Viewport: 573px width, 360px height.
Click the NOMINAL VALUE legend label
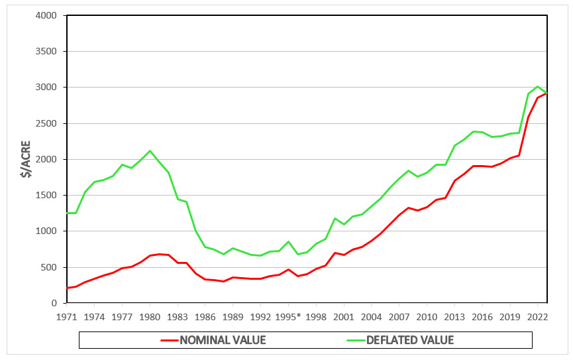click(x=223, y=340)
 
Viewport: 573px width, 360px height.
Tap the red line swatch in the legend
click(x=170, y=340)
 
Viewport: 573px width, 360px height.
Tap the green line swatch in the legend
click(x=358, y=340)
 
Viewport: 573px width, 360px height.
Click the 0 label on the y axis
click(x=56, y=303)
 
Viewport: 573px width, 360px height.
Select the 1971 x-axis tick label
click(x=66, y=316)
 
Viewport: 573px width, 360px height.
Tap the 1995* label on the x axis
click(x=289, y=316)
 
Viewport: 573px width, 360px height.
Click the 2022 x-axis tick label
click(x=537, y=316)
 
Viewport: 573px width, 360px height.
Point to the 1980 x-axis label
click(x=150, y=316)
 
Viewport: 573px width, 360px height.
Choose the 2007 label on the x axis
click(x=399, y=316)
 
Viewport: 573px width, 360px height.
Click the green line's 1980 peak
click(x=150, y=150)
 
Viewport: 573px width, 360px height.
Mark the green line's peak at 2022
click(x=537, y=86)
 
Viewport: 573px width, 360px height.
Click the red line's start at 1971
click(x=67, y=288)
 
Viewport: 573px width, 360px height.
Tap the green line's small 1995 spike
click(x=288, y=241)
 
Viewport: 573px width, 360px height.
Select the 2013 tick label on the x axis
click(x=454, y=316)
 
